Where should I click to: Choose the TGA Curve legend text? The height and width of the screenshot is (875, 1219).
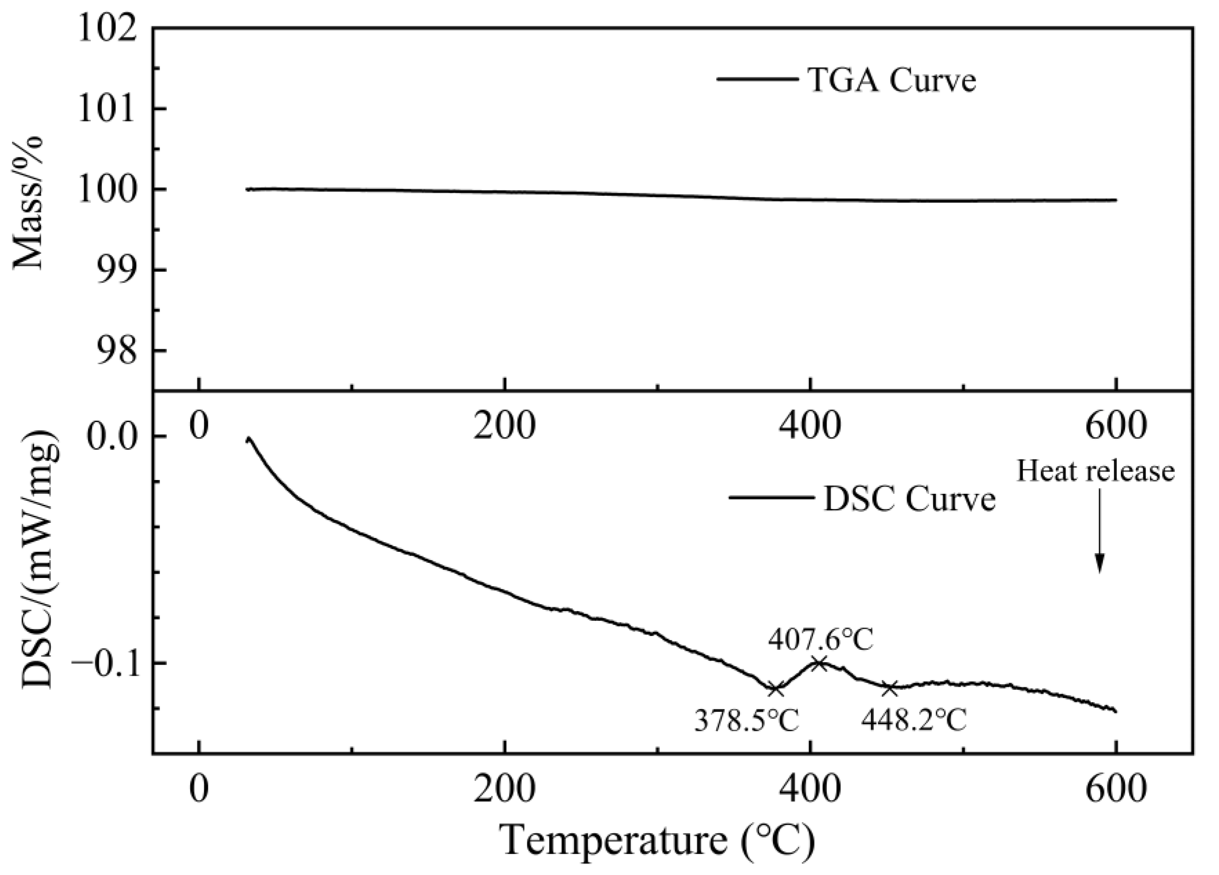coord(892,80)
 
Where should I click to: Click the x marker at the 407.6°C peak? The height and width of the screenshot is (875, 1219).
coord(819,663)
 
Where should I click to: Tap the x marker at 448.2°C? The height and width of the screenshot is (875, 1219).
coord(890,687)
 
